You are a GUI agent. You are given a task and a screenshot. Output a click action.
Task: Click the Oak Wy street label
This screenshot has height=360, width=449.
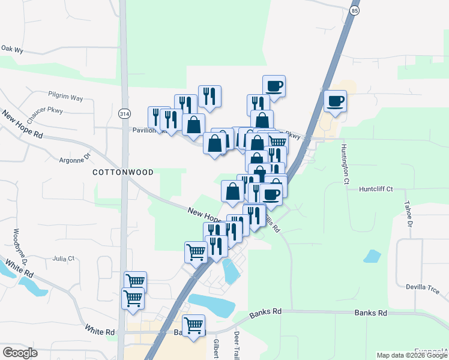11,49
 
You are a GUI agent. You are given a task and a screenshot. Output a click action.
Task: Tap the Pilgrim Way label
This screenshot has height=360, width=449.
65,96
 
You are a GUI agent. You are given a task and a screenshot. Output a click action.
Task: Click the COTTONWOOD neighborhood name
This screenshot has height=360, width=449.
123,172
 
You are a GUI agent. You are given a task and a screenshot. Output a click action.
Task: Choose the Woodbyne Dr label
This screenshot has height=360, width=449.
17,246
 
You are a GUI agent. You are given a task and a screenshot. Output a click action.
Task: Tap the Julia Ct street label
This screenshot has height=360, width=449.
63,259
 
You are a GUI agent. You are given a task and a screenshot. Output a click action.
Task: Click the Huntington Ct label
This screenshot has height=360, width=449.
345,163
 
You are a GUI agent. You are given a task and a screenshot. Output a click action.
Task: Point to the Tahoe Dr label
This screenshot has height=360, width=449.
410,214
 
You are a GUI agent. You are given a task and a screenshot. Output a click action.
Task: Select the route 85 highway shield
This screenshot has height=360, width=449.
355,11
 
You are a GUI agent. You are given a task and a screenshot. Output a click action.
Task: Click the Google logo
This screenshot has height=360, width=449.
20,353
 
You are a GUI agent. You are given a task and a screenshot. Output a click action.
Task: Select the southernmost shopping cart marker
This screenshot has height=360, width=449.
193,326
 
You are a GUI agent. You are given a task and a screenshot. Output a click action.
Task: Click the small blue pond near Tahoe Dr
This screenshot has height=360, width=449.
372,257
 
